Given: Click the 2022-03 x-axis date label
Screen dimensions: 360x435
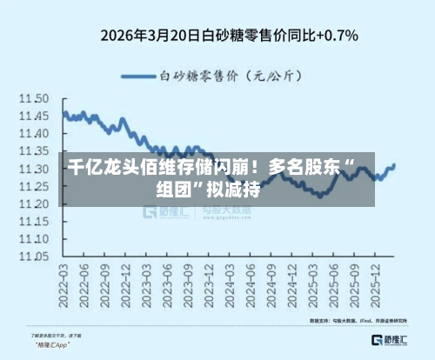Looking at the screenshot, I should pos(64,288).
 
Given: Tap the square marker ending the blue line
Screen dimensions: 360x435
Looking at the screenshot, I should pos(393,165).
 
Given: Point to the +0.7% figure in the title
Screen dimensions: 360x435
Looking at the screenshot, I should pos(340,37).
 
